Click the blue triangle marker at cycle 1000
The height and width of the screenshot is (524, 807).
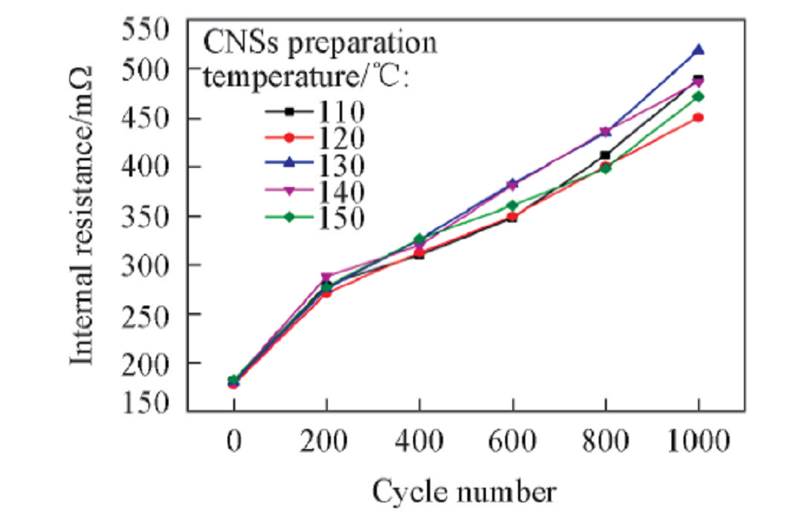pos(698,50)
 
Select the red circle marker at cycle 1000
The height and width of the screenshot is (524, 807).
pos(698,118)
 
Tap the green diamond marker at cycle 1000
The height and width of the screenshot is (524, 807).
pos(698,97)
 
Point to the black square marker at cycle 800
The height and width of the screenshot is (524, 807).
pos(605,155)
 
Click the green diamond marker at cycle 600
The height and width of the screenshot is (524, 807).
pos(512,206)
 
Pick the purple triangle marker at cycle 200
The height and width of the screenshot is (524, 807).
pos(326,277)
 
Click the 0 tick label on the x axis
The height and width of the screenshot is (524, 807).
pos(234,442)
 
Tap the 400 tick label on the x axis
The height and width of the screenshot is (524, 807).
pos(419,442)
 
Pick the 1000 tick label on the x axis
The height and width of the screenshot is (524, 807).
pos(698,442)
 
